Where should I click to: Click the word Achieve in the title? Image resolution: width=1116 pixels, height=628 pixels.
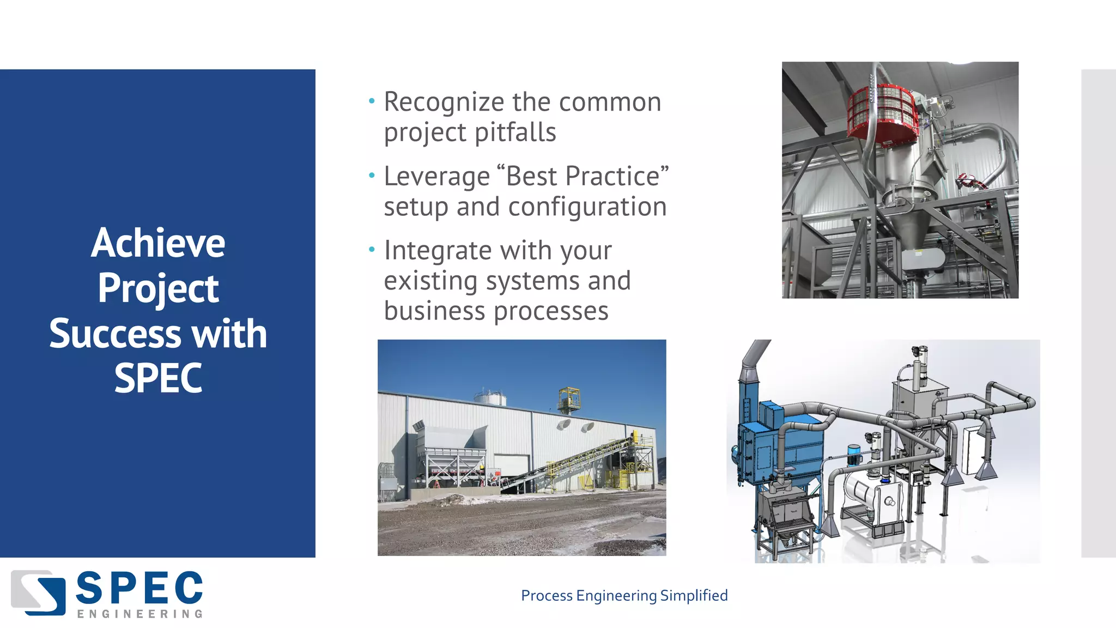[158, 243]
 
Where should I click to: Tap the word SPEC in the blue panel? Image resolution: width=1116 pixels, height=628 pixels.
[158, 378]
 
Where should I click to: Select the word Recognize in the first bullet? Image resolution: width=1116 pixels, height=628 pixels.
[444, 102]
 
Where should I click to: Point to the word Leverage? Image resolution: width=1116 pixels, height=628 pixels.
[437, 177]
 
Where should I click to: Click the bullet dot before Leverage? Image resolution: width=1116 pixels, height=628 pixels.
[372, 176]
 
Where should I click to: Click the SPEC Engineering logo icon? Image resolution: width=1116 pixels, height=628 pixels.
[38, 593]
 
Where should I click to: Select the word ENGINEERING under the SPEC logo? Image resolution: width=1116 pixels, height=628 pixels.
[140, 614]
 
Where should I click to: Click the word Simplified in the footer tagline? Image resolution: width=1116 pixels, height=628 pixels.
[694, 595]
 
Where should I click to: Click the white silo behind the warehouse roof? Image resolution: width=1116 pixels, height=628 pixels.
[489, 397]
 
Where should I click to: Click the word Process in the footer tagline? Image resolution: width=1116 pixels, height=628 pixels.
[547, 595]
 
